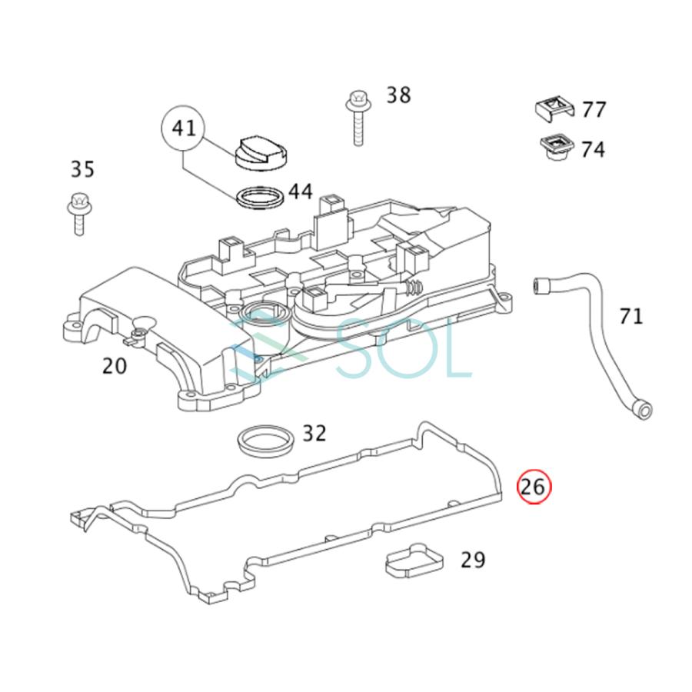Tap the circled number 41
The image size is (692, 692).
click(184, 128)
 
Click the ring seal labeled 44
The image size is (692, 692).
click(259, 198)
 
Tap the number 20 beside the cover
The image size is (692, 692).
click(115, 366)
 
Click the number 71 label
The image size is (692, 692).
click(631, 315)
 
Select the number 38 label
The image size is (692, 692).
click(398, 95)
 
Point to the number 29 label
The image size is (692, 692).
click(473, 560)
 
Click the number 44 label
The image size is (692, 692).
click(301, 191)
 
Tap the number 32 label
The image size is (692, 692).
click(314, 434)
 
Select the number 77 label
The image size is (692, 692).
click(594, 110)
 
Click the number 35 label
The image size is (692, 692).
click(82, 168)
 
